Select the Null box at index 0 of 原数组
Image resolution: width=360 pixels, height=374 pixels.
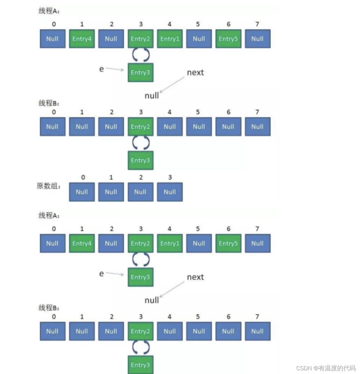(82, 192)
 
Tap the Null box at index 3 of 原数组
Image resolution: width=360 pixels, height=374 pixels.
(170, 192)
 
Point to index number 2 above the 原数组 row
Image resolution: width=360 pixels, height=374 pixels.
(141, 177)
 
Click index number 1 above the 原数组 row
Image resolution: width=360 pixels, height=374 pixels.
(111, 177)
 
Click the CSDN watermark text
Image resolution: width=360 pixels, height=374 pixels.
(326, 368)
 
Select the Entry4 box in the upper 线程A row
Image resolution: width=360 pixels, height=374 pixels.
(82, 39)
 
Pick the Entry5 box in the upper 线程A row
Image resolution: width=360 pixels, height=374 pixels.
(228, 39)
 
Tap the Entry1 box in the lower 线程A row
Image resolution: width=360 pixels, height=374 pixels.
(170, 243)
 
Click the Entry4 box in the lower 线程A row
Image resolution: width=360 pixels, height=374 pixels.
(82, 243)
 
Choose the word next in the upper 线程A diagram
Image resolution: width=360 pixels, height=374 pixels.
(195, 73)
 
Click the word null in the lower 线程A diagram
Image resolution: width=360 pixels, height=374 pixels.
(152, 300)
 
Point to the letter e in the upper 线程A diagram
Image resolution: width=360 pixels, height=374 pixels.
(101, 69)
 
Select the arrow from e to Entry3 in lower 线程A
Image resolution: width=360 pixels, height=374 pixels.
(114, 274)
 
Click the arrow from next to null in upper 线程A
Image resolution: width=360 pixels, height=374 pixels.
(172, 84)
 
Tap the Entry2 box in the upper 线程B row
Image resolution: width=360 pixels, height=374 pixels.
(140, 127)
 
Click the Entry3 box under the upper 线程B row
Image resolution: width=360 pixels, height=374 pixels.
(140, 160)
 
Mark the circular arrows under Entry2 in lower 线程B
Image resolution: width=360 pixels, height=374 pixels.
(141, 347)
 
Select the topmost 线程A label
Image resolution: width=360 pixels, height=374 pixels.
(49, 11)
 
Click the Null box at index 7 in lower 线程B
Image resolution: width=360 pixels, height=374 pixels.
(258, 331)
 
